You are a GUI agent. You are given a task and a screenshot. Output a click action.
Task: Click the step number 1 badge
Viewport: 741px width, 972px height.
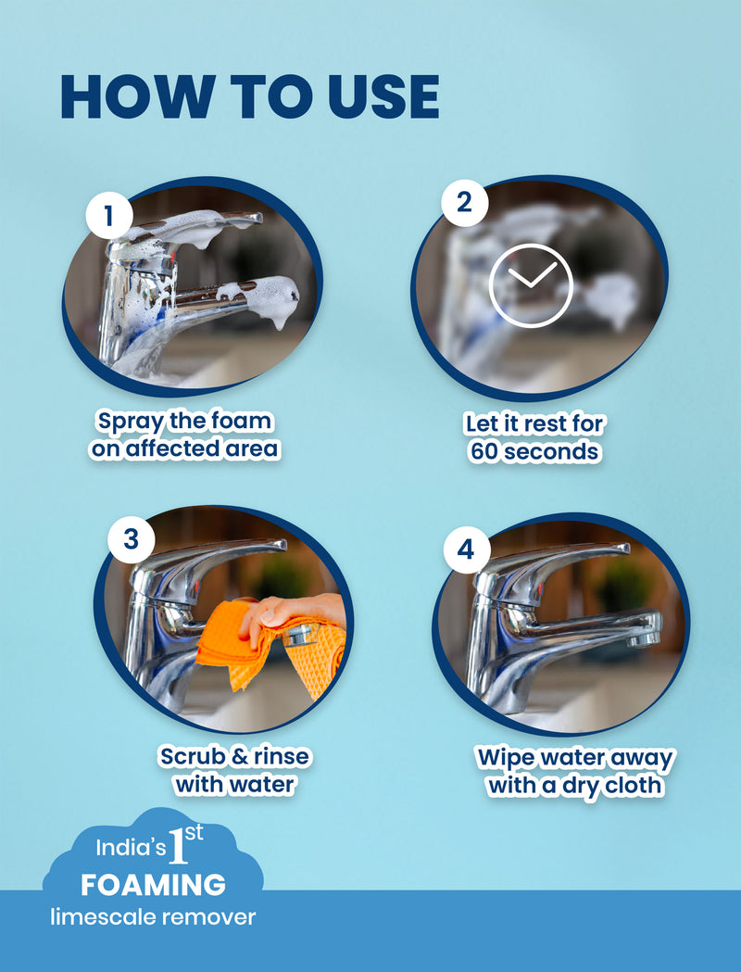coord(108,217)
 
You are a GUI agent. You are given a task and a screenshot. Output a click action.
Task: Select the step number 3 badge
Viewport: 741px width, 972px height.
coord(130,538)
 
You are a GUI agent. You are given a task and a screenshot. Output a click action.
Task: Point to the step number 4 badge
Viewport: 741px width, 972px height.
coord(465,549)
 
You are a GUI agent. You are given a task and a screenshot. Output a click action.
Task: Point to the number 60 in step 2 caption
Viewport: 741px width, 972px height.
coord(487,452)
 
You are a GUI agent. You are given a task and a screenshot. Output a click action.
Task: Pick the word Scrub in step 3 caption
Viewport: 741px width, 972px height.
coord(192,757)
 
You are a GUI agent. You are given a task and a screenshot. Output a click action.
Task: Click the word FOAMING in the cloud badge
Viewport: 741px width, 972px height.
coord(153,885)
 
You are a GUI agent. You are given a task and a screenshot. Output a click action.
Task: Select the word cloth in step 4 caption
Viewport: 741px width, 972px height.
coord(634,785)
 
